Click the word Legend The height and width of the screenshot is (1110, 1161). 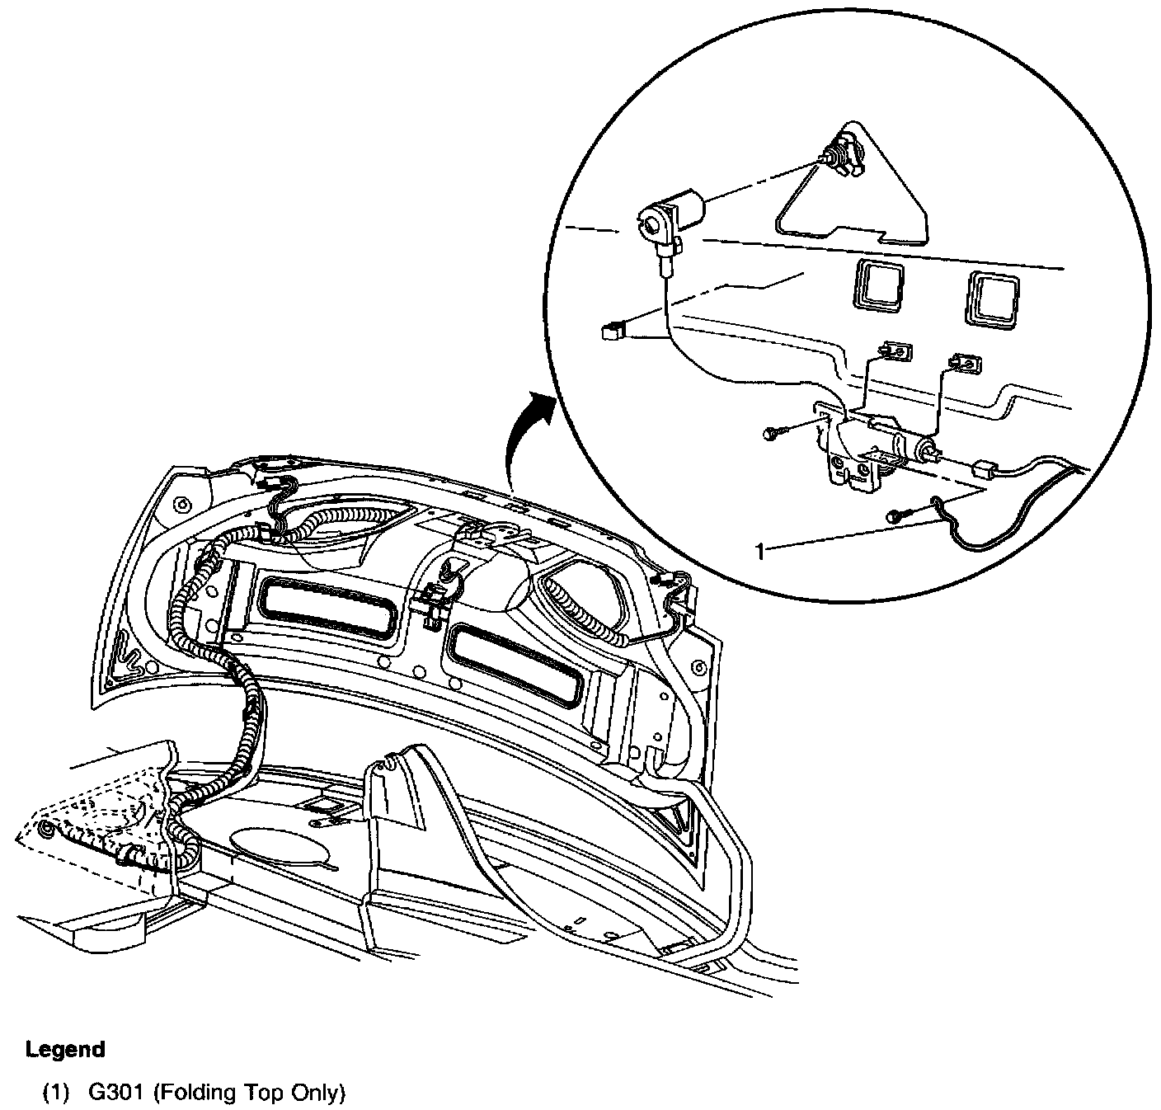(x=66, y=1050)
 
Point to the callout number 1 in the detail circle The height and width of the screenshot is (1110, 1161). (x=759, y=551)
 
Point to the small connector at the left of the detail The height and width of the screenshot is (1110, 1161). (x=611, y=332)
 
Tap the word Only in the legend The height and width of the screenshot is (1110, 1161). (x=317, y=1094)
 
